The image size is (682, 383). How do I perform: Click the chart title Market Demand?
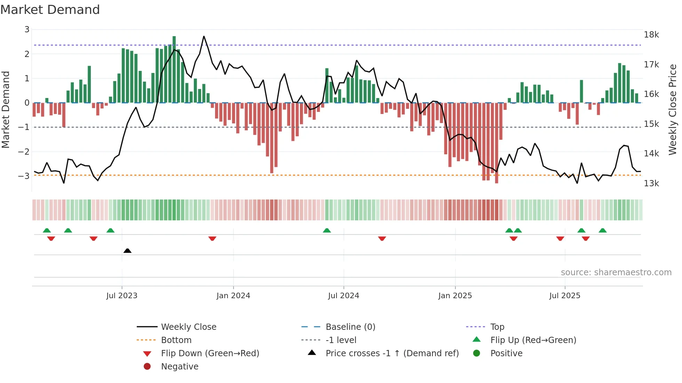[x=50, y=10]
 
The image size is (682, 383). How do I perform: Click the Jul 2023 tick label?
[x=122, y=296]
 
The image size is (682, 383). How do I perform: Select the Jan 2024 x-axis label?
[x=233, y=296]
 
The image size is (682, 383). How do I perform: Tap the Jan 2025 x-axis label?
[x=455, y=296]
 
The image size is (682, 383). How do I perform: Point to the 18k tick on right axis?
[x=651, y=35]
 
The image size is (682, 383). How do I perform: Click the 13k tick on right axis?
[x=651, y=184]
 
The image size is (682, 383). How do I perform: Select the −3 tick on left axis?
[x=24, y=176]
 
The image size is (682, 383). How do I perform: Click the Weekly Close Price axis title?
[x=673, y=109]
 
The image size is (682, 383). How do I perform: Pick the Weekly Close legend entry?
[x=188, y=327]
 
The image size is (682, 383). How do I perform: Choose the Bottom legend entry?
[x=176, y=340]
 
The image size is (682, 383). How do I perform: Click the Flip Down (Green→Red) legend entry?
[x=210, y=353]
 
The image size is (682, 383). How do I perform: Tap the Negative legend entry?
[x=180, y=367]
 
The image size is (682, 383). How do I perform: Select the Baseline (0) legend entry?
[x=350, y=327]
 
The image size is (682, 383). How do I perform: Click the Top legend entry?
[x=497, y=327]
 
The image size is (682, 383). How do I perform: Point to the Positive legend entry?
[x=506, y=353]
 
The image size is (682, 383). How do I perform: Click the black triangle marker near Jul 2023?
[x=127, y=251]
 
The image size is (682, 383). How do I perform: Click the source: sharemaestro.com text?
[x=616, y=272]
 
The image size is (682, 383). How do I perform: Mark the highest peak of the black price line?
[x=204, y=36]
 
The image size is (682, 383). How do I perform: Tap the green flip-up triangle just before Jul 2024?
[x=327, y=230]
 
